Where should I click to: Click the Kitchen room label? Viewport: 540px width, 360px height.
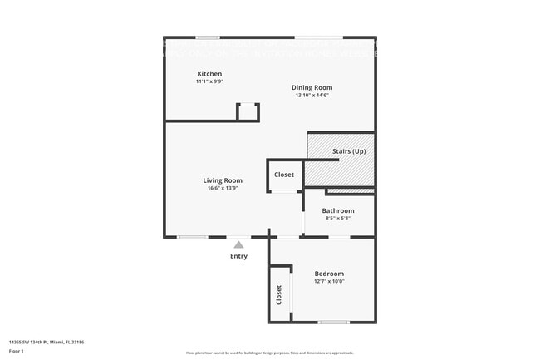[209, 74]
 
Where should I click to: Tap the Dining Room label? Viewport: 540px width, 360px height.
[312, 87]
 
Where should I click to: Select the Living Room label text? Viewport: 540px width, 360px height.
[223, 180]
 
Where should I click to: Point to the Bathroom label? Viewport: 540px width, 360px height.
[338, 210]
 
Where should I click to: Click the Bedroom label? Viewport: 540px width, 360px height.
[329, 274]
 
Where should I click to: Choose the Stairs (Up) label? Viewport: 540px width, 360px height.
[349, 151]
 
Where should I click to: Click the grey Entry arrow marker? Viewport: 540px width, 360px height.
[238, 244]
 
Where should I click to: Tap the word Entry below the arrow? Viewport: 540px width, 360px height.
[238, 256]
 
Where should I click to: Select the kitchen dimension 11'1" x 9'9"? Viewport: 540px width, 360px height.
[209, 81]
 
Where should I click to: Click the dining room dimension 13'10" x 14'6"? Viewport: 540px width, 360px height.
[312, 95]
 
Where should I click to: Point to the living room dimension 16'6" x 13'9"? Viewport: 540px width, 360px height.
[223, 188]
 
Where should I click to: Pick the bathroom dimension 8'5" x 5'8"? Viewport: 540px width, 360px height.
[338, 218]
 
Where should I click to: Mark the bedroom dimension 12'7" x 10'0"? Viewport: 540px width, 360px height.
[329, 281]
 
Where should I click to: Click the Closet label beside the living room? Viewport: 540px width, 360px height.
[284, 175]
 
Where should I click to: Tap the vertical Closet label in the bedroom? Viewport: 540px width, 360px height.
[279, 295]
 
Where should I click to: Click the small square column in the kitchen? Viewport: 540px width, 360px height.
[248, 112]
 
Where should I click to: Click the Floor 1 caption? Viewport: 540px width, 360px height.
[16, 351]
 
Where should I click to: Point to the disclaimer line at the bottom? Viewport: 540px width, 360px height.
[269, 353]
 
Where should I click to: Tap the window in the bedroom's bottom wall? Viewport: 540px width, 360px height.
[333, 323]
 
